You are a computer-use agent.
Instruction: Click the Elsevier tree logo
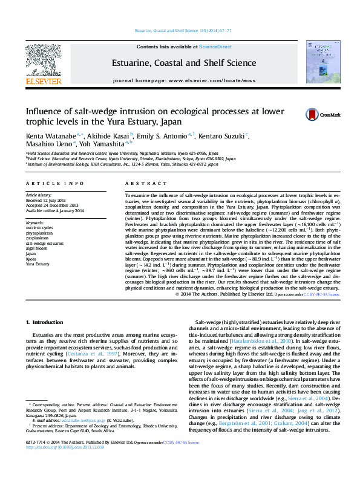tap(42, 59)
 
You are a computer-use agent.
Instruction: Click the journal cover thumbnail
tap(319, 62)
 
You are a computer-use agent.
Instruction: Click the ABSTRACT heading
tap(141, 183)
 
